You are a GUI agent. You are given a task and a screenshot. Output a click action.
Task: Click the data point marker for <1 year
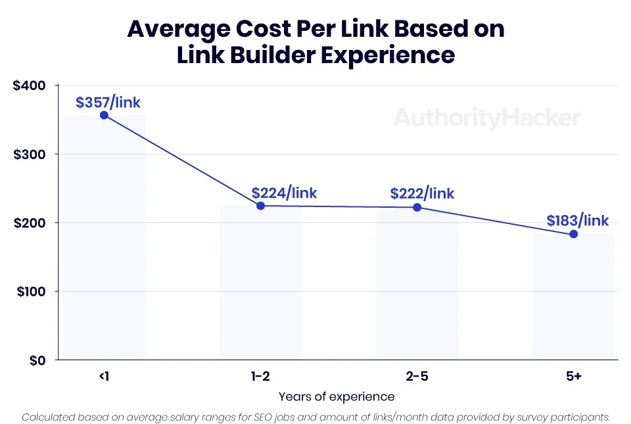pyautogui.click(x=104, y=115)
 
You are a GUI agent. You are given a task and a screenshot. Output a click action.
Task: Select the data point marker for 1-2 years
pyautogui.click(x=260, y=206)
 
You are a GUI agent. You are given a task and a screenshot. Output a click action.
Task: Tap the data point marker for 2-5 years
pyautogui.click(x=417, y=208)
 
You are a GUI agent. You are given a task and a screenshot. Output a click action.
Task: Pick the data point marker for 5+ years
pyautogui.click(x=573, y=234)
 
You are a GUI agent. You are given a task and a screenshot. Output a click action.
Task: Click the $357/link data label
pyautogui.click(x=108, y=103)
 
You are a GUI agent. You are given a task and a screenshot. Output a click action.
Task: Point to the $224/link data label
pyautogui.click(x=284, y=193)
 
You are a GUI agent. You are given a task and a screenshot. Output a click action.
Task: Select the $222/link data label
pyautogui.click(x=422, y=193)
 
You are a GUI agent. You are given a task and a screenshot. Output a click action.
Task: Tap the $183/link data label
pyautogui.click(x=578, y=220)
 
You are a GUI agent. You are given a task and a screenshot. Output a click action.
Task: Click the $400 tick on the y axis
pyautogui.click(x=29, y=85)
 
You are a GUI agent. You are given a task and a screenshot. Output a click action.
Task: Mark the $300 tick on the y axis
pyautogui.click(x=29, y=154)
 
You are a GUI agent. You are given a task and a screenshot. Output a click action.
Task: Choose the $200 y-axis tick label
pyautogui.click(x=29, y=223)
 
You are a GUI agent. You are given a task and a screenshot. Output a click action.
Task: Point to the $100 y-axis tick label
pyautogui.click(x=29, y=291)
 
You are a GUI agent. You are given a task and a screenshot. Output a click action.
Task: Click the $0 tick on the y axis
pyautogui.click(x=36, y=360)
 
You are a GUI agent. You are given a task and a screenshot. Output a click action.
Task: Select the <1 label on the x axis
pyautogui.click(x=104, y=377)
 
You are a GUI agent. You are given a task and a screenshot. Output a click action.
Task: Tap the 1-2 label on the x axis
pyautogui.click(x=260, y=377)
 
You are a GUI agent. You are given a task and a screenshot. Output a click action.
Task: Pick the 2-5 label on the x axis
pyautogui.click(x=417, y=377)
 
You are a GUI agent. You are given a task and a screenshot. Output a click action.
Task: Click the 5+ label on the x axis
pyautogui.click(x=573, y=377)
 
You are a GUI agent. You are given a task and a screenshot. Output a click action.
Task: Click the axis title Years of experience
pyautogui.click(x=337, y=396)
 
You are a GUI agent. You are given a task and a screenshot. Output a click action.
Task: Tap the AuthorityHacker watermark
pyautogui.click(x=486, y=118)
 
